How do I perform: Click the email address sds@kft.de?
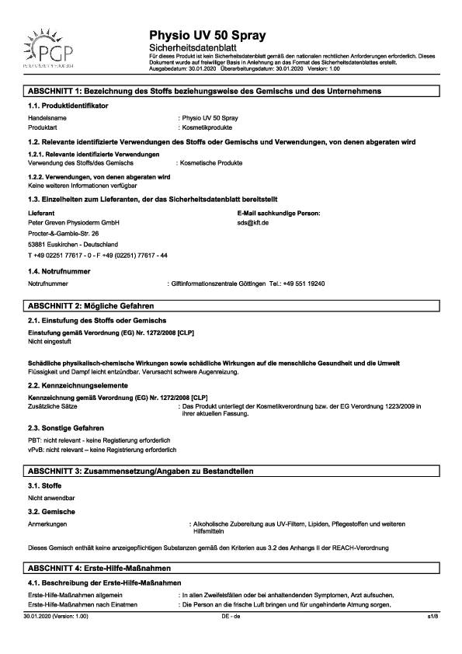[253, 222]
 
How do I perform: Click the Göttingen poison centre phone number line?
[252, 284]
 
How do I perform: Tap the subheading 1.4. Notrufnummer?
[59, 272]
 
